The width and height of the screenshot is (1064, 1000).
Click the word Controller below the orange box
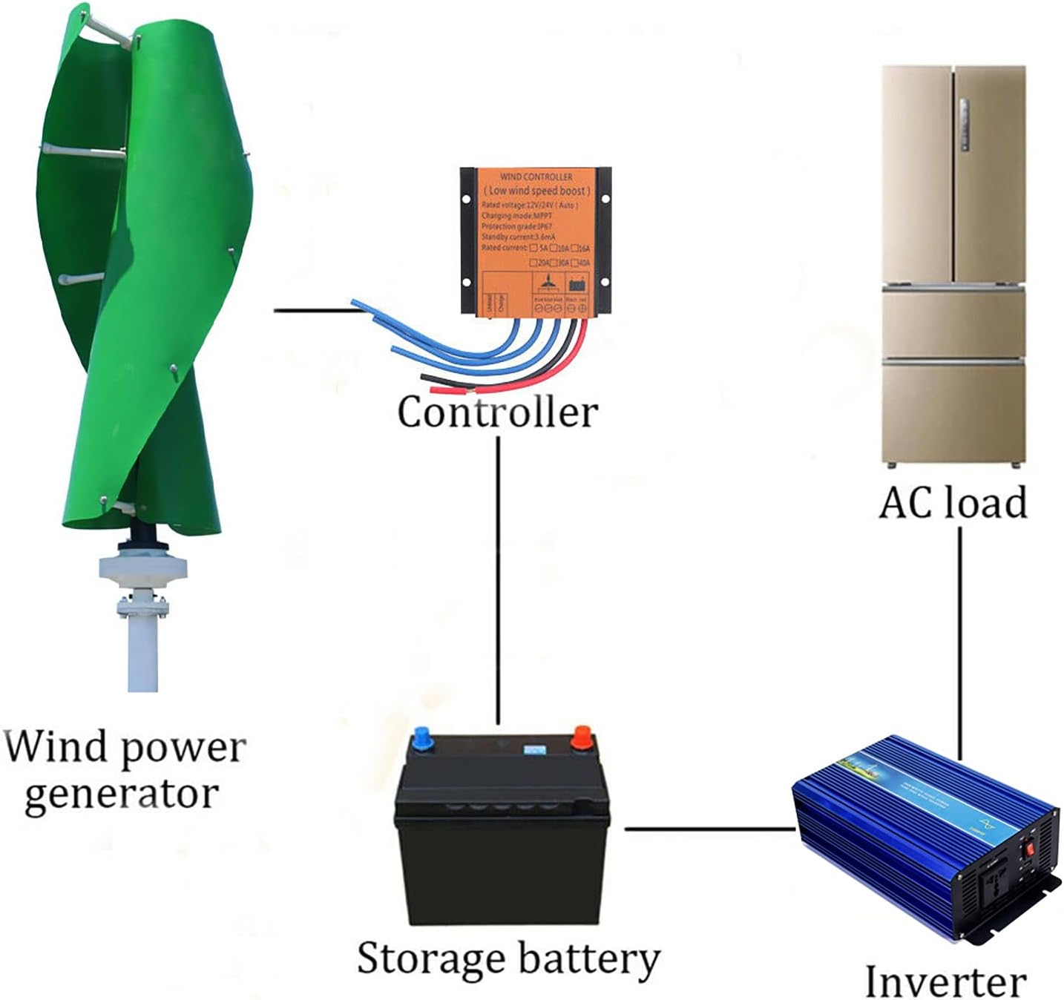[x=497, y=412]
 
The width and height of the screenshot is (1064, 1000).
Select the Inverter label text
[x=945, y=981]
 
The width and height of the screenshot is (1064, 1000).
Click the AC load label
[x=953, y=503]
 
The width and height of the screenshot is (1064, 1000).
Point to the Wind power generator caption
[x=123, y=770]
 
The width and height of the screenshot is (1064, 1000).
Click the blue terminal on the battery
[x=424, y=739]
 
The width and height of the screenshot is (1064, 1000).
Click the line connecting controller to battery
[x=498, y=579]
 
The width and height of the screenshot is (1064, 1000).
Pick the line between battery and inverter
[x=709, y=829]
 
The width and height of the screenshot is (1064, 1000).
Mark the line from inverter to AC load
[x=960, y=638]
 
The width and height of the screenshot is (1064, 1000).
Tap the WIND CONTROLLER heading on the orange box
[x=536, y=177]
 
